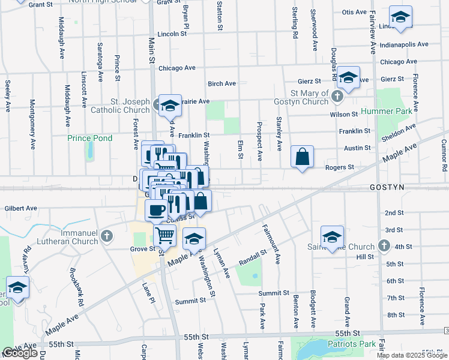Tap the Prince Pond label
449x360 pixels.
click(89, 138)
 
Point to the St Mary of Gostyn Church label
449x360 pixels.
click(310, 98)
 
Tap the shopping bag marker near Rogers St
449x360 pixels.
click(303, 157)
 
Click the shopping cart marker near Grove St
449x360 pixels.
click(164, 235)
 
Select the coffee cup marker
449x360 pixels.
click(157, 211)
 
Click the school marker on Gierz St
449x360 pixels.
click(348, 78)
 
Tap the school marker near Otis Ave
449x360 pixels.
click(400, 17)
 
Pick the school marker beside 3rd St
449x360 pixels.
click(332, 237)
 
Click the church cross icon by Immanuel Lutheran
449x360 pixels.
click(107, 235)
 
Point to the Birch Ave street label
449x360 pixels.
click(221, 83)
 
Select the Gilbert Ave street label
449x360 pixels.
click(21, 208)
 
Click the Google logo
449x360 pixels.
click(20, 353)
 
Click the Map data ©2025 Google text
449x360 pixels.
click(412, 355)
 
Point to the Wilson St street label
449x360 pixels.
click(344, 114)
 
